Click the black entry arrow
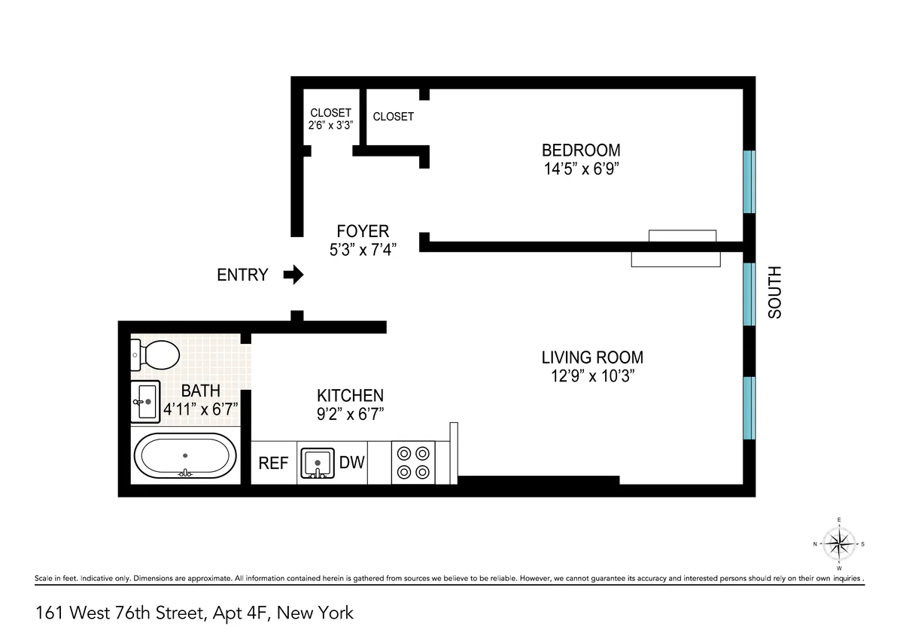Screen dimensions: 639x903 [293, 275]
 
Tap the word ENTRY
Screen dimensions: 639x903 [242, 275]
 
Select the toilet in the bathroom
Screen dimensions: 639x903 [156, 354]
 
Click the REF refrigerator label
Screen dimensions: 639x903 [273, 464]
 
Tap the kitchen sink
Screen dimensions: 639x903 [318, 463]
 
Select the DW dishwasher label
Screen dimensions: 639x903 [351, 463]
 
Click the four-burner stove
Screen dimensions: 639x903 [413, 463]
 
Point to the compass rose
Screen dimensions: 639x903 [838, 543]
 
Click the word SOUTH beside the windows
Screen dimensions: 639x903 [775, 292]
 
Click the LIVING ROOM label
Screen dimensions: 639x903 [592, 358]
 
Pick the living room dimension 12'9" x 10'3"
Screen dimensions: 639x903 [592, 377]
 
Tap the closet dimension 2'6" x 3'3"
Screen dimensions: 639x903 [330, 125]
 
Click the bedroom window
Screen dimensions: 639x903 [749, 182]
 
